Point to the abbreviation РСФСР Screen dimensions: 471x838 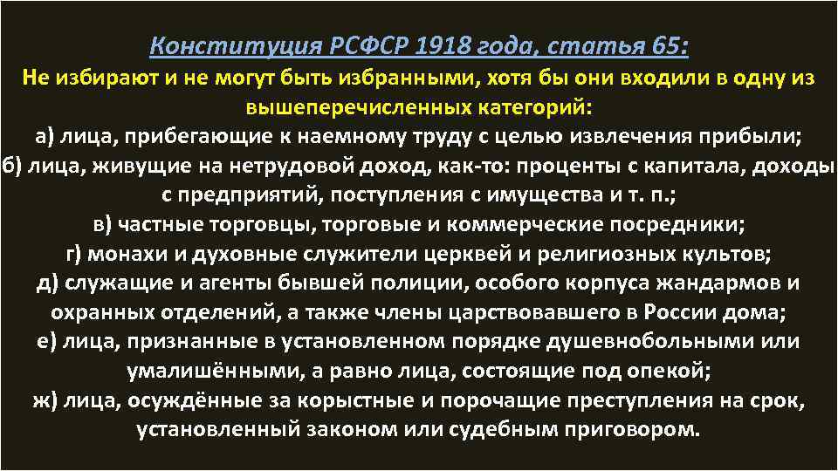[x=352, y=44]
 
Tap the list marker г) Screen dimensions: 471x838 [x=75, y=254]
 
